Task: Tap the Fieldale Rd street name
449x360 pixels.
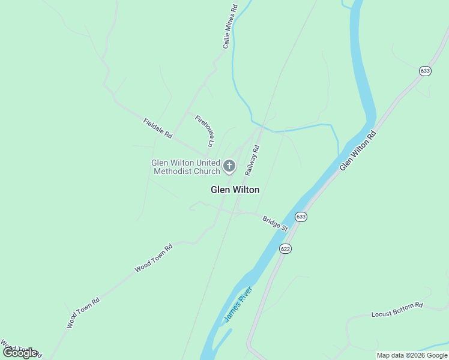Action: (158, 128)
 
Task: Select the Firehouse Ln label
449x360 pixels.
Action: (205, 131)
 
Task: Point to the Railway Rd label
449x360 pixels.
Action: (252, 160)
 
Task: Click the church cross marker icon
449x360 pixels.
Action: (229, 166)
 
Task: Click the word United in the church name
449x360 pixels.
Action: (203, 163)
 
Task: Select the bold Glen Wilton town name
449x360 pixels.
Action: (235, 190)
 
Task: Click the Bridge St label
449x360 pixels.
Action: (276, 223)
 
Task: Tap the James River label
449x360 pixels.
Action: (238, 305)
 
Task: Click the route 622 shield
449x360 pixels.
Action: (285, 248)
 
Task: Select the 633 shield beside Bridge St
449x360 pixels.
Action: (301, 217)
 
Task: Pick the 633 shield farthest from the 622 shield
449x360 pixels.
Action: (425, 71)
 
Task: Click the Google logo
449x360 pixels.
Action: (20, 353)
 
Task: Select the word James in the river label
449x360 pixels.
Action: (232, 312)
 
